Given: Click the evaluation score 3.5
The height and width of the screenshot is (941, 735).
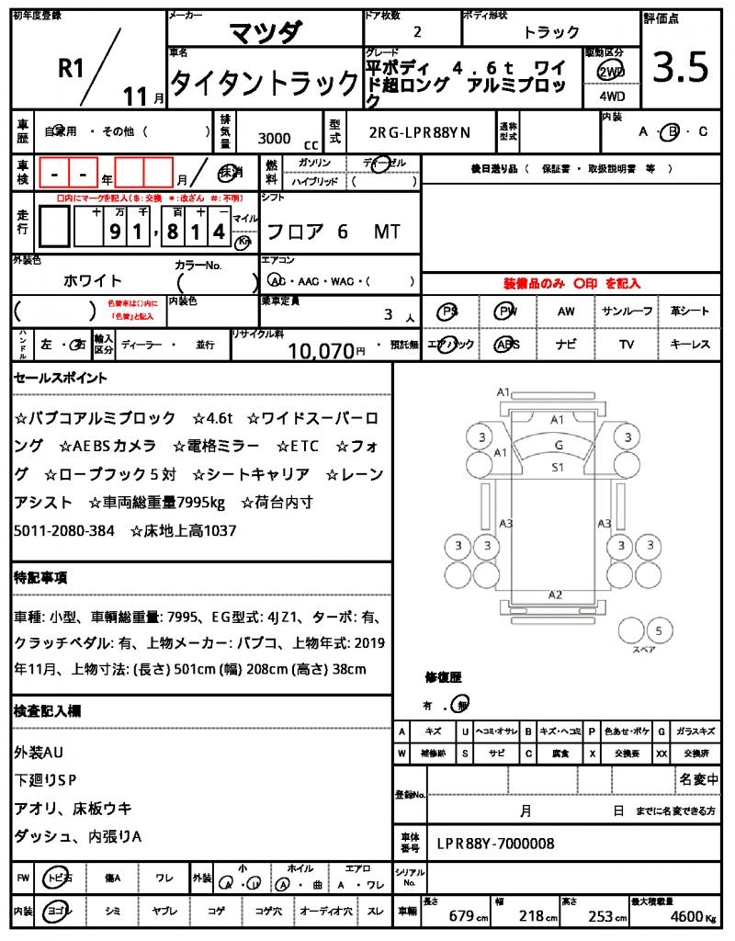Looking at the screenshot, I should pyautogui.click(x=680, y=68).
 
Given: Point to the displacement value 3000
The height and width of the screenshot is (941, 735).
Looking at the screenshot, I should pyautogui.click(x=274, y=139).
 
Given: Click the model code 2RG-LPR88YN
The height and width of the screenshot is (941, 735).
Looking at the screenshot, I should pyautogui.click(x=419, y=132).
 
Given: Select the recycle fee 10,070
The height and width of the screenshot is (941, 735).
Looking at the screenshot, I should pyautogui.click(x=321, y=349).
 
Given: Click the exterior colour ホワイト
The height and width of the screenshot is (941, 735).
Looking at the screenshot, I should pyautogui.click(x=93, y=280).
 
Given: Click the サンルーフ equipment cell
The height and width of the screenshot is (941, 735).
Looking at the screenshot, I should pyautogui.click(x=628, y=312).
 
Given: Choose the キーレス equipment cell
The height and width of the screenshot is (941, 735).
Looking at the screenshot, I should pyautogui.click(x=690, y=345).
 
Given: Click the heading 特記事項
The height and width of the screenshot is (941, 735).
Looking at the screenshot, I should pyautogui.click(x=40, y=578).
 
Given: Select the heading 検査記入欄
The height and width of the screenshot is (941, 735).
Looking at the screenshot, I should pyautogui.click(x=47, y=711).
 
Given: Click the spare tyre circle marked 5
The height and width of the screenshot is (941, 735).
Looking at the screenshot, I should pyautogui.click(x=658, y=630).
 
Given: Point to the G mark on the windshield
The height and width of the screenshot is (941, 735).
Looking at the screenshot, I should pyautogui.click(x=558, y=445).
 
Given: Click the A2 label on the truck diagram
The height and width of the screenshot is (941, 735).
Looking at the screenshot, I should pyautogui.click(x=555, y=595).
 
